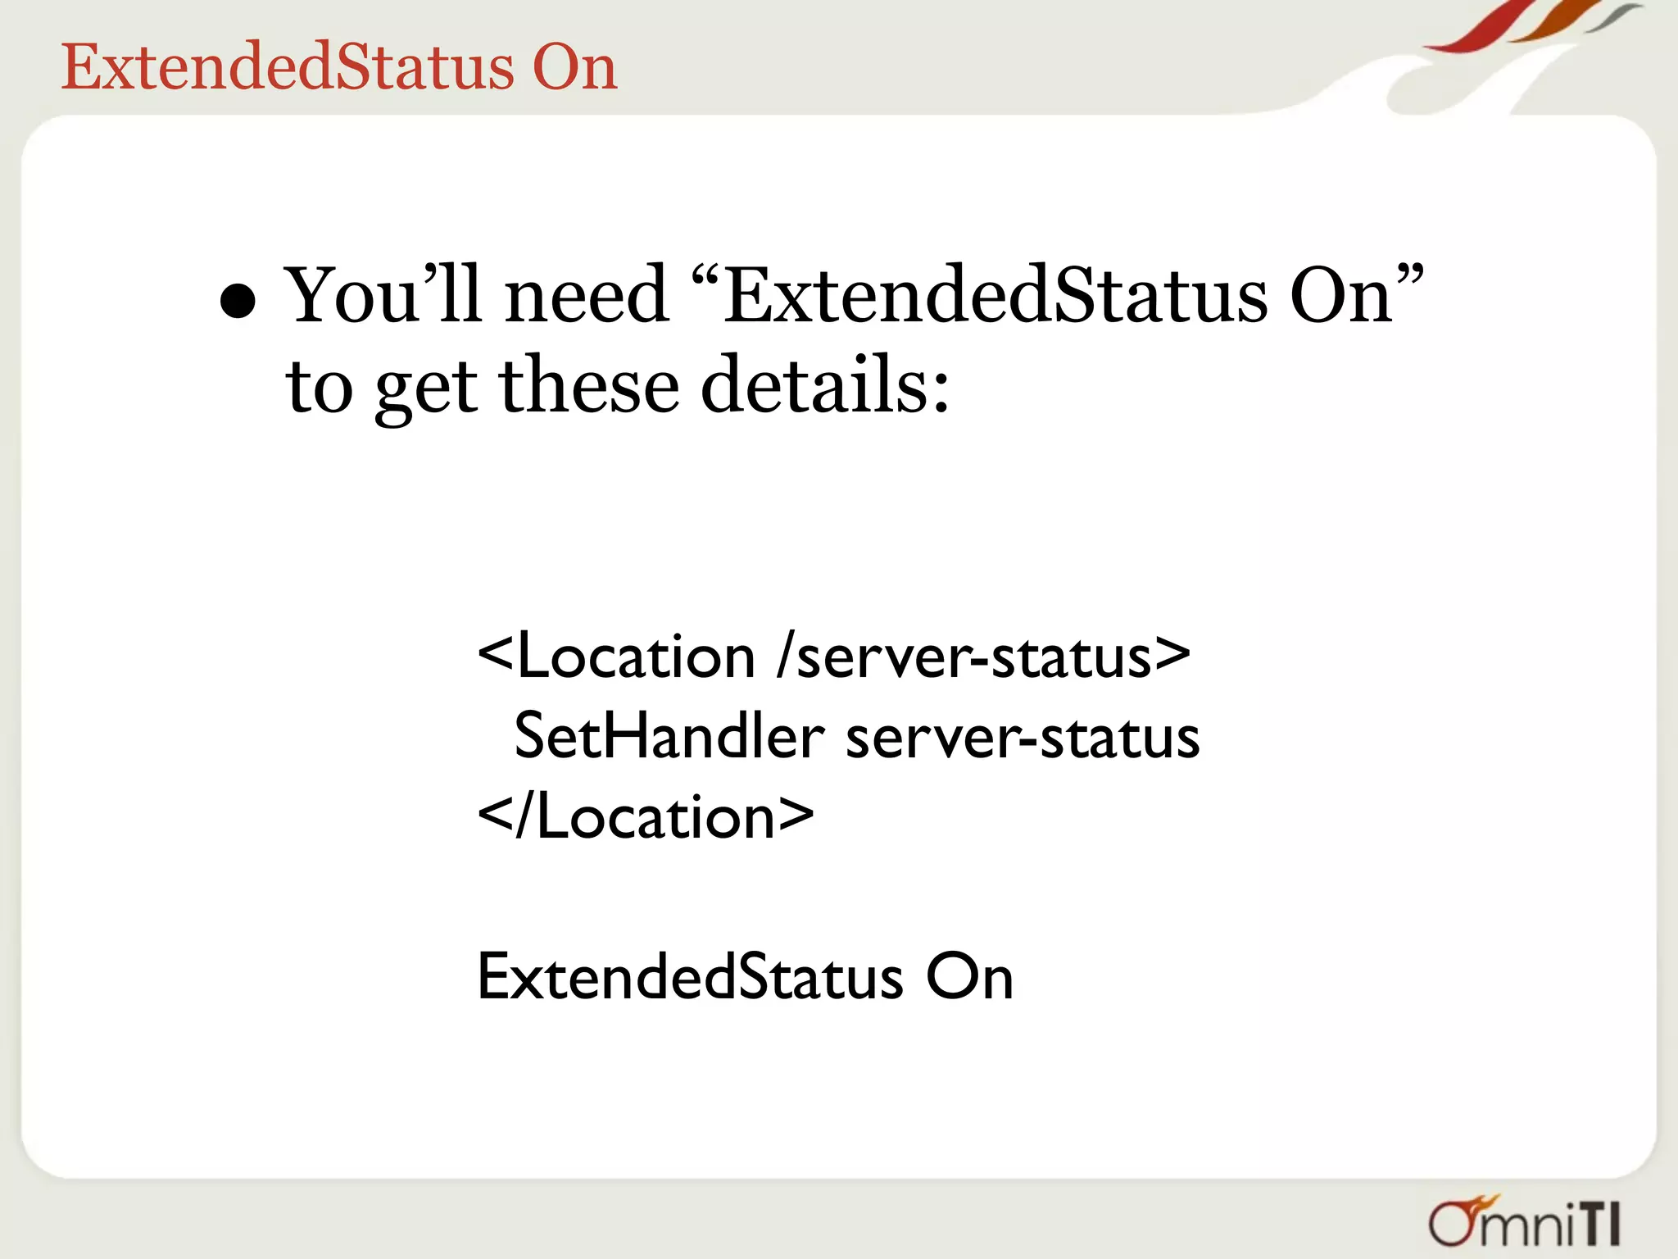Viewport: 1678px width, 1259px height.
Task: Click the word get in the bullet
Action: coord(425,389)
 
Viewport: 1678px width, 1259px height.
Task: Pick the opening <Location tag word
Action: coord(615,657)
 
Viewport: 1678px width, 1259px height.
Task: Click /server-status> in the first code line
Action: coord(984,657)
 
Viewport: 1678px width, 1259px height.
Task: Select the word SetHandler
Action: coord(669,736)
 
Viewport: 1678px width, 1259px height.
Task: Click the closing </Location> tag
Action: coord(646,816)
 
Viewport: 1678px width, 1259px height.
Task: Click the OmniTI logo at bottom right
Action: coord(1525,1222)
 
